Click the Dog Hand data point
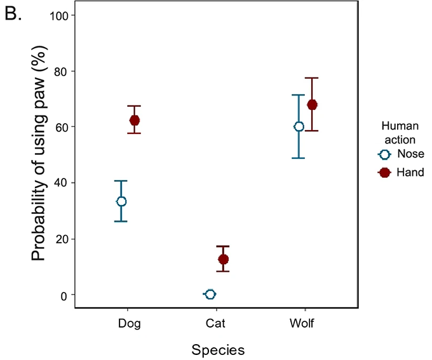(134, 120)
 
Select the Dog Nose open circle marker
(121, 201)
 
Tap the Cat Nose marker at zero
(210, 294)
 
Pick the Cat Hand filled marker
(223, 259)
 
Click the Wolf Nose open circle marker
(299, 126)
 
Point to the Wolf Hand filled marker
(312, 105)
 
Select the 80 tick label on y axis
(62, 70)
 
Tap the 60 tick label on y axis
(62, 126)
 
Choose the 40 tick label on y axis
(62, 183)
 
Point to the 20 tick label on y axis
(62, 239)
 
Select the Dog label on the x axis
(129, 323)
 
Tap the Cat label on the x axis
(215, 323)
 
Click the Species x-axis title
(219, 349)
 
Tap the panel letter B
(14, 15)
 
